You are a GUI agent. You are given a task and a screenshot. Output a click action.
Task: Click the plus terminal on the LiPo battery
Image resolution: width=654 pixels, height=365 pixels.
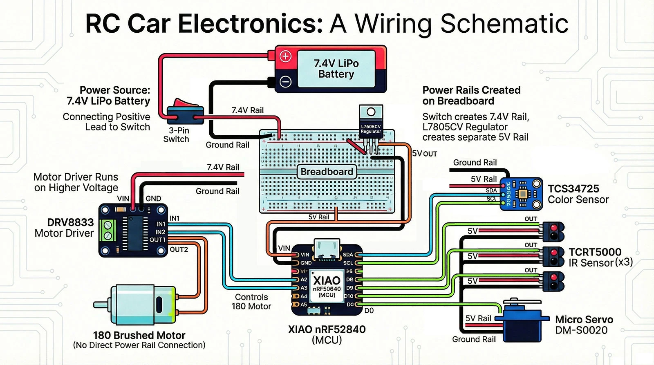tap(285, 56)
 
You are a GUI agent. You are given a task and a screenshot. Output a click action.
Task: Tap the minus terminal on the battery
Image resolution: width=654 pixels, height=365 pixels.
tap(285, 82)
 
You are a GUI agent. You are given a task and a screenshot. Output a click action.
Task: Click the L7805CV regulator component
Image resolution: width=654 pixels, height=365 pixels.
tap(371, 123)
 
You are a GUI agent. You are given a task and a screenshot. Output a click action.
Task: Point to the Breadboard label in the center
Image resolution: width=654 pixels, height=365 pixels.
tap(327, 172)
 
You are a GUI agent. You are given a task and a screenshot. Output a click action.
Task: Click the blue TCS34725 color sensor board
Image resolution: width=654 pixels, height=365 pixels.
tap(522, 194)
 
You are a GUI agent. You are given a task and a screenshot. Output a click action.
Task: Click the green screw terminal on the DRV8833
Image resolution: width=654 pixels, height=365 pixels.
tap(108, 230)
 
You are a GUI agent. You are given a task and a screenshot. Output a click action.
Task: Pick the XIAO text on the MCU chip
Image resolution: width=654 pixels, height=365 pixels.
tap(327, 280)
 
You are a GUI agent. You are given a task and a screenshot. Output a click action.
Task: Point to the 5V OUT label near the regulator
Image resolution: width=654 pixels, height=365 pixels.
tap(424, 154)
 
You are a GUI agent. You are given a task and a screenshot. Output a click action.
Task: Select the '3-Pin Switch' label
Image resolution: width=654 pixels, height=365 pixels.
tap(177, 135)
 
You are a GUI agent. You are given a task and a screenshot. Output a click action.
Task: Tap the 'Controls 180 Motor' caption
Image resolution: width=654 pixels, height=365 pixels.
tap(251, 302)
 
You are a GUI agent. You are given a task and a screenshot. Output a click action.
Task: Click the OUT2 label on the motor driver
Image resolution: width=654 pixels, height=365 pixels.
tap(179, 249)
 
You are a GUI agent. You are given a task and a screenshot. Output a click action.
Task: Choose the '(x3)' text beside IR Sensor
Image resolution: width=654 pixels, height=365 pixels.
tap(624, 262)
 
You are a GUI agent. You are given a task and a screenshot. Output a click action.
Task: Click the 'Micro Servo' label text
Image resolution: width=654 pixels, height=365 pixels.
tap(584, 320)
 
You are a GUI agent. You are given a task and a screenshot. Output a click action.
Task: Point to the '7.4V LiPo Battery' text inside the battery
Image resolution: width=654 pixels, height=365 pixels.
tap(336, 69)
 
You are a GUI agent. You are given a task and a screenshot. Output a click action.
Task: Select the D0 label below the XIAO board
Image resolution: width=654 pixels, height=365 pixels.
tap(369, 311)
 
